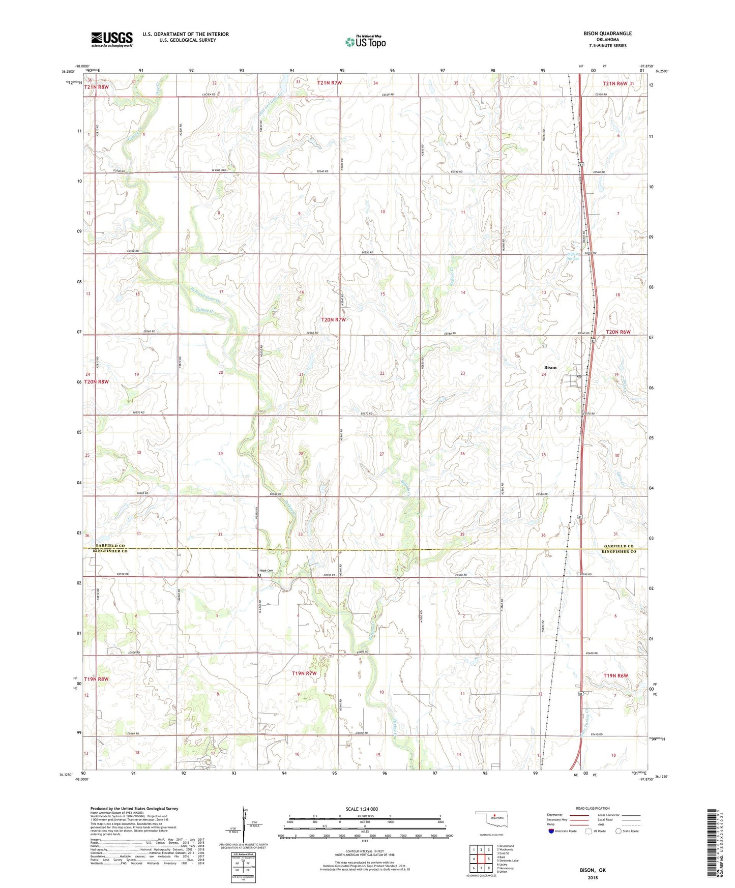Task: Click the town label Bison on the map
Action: [550, 367]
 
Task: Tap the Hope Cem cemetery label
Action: [266, 571]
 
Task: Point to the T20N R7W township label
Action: [333, 319]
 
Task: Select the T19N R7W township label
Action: [304, 673]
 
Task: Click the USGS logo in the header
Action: [112, 39]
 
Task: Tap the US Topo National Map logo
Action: [365, 42]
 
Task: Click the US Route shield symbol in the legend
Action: [589, 831]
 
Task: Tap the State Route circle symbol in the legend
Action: [619, 831]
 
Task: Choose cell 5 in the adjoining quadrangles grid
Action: [489, 859]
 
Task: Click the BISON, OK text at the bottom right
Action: [593, 870]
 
